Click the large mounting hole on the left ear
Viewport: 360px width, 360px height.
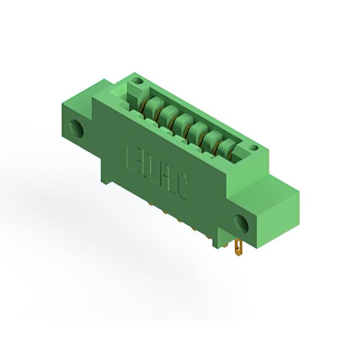click(76, 129)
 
